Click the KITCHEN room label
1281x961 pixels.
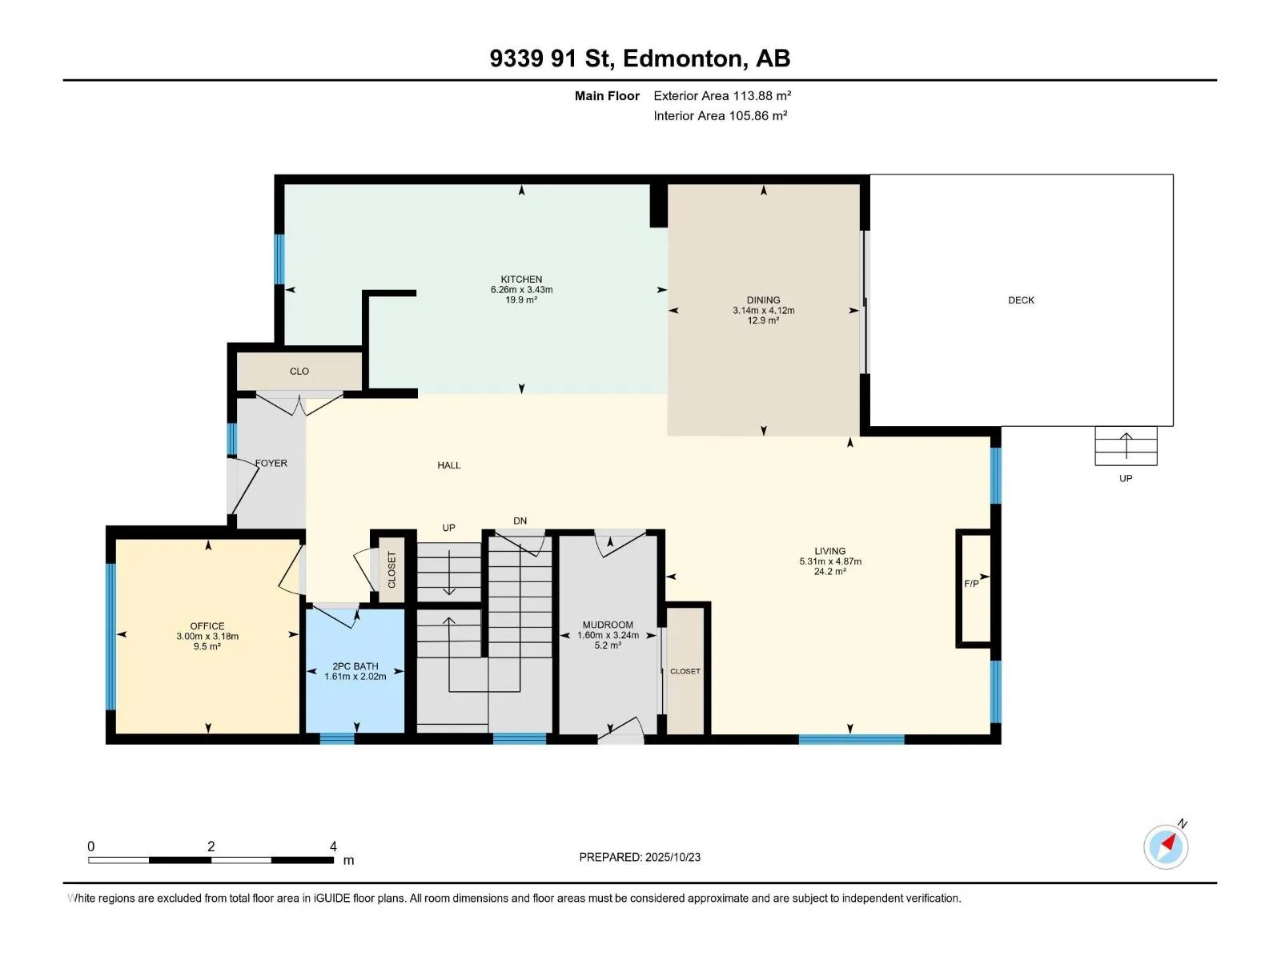coord(521,279)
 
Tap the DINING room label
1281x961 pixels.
coord(763,300)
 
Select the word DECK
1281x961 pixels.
coord(1021,300)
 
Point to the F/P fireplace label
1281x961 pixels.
coord(971,584)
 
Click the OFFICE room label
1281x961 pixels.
coord(207,626)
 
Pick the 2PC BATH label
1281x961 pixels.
coord(355,666)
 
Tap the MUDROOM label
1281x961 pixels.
coord(608,625)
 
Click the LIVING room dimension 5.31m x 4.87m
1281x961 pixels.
coord(830,561)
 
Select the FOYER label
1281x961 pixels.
coord(271,464)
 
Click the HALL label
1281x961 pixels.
coord(449,465)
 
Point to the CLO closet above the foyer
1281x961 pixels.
coord(299,371)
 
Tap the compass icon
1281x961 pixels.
coord(1166,846)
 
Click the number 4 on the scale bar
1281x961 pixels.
coord(333,846)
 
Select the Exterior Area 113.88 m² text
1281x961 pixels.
coord(722,95)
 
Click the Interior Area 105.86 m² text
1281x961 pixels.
coord(720,115)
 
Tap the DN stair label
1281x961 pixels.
coord(520,521)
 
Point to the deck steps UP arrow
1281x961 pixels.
coord(1126,446)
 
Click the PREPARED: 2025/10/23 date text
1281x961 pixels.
coord(640,857)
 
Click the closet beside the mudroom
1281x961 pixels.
coord(685,671)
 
